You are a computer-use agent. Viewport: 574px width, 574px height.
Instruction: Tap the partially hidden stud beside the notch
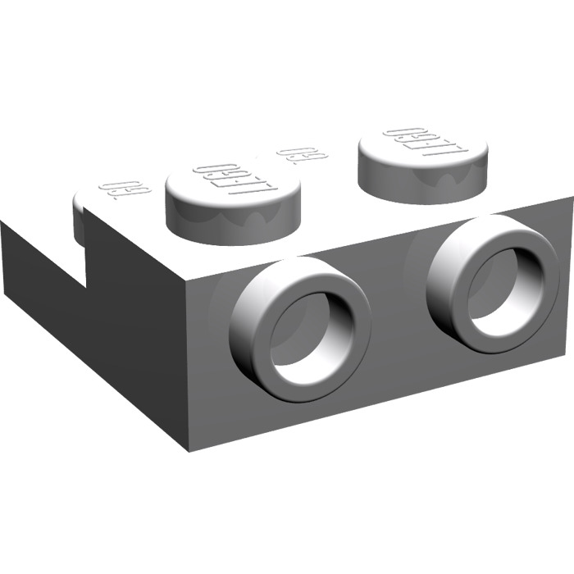pos(80,220)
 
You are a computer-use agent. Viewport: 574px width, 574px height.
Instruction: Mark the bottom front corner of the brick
pos(190,449)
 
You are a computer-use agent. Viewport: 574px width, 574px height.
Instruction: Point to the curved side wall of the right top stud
pos(422,184)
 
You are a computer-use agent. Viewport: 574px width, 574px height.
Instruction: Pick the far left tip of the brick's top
pos(2,222)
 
